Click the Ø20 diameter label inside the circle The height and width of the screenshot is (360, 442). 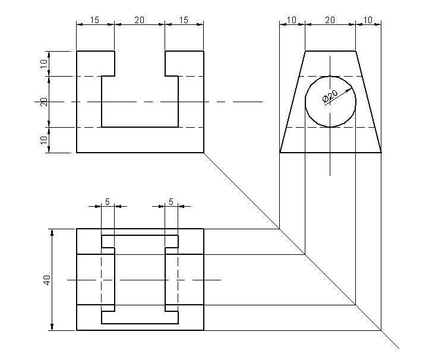click(330, 96)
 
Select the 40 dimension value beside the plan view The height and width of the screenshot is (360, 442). click(47, 279)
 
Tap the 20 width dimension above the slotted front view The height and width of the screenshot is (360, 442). click(139, 20)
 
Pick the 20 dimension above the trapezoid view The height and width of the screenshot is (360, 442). click(330, 20)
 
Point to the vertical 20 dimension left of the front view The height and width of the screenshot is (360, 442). click(43, 102)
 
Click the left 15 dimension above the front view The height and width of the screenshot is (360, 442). click(94, 20)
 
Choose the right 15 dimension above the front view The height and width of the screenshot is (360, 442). click(184, 20)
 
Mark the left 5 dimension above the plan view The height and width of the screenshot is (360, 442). click(108, 201)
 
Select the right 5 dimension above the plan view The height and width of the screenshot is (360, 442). click(171, 201)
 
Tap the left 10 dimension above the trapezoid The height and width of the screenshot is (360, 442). click(291, 20)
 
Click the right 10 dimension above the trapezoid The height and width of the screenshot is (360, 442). click(368, 20)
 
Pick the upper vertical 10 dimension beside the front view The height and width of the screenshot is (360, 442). click(43, 64)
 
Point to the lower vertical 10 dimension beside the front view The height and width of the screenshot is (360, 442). click(43, 140)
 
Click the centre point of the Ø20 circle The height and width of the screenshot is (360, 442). click(330, 102)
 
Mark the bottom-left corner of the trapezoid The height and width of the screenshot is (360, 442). click(280, 153)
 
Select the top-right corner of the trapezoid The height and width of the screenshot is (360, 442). click(355, 51)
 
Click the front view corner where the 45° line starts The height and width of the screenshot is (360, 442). click(204, 153)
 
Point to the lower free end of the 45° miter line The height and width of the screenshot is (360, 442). click(398, 347)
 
